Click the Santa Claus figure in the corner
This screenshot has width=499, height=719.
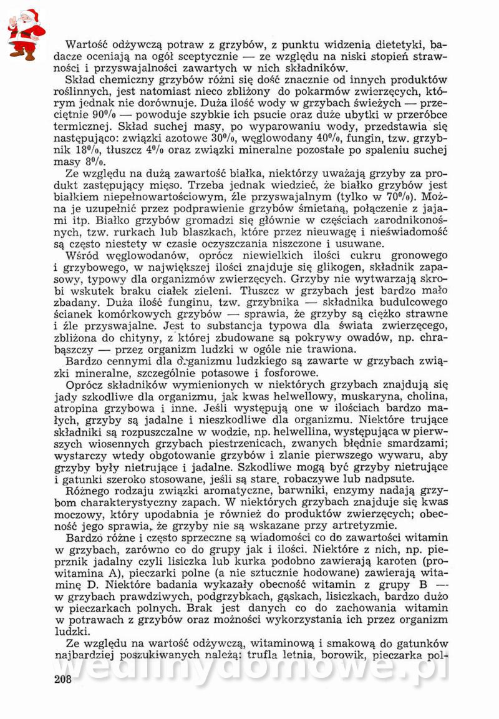click(x=26, y=34)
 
